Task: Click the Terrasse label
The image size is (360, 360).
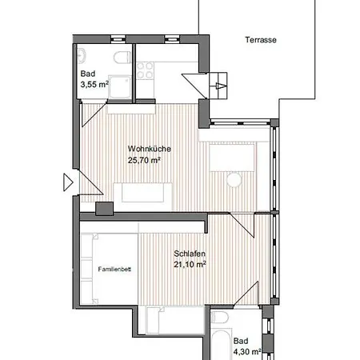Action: click(x=261, y=40)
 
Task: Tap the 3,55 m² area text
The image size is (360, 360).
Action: click(x=94, y=85)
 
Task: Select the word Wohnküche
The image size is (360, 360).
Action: click(x=150, y=149)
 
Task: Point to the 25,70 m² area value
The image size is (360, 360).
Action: click(x=144, y=160)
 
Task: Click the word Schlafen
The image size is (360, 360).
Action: click(x=190, y=254)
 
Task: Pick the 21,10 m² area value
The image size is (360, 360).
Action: click(x=190, y=264)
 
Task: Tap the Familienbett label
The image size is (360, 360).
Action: click(x=114, y=270)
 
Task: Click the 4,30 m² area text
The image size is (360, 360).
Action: click(x=247, y=352)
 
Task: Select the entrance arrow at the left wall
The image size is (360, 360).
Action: click(x=68, y=182)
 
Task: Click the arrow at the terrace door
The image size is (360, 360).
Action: click(x=221, y=86)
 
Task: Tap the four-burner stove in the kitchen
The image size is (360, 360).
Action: click(x=145, y=70)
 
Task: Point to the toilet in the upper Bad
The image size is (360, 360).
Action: click(x=122, y=58)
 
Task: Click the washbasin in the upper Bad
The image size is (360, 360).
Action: click(x=82, y=56)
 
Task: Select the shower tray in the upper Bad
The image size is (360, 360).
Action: click(x=120, y=87)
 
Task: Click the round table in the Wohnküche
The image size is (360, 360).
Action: click(x=234, y=179)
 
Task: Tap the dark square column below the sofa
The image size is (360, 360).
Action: click(x=104, y=209)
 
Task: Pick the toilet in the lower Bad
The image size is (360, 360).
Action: click(x=219, y=318)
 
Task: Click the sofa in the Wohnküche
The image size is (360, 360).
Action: click(x=143, y=193)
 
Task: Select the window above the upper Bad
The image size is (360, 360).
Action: click(x=118, y=39)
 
